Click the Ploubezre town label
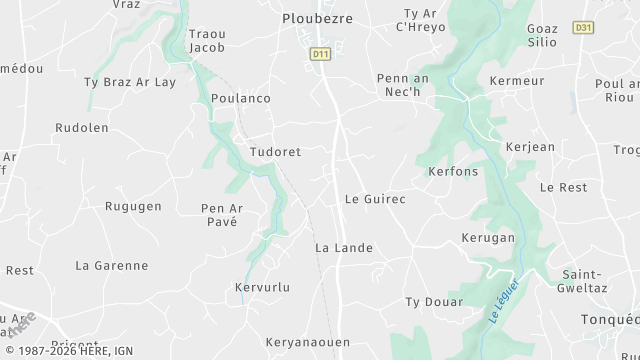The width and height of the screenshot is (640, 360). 319,18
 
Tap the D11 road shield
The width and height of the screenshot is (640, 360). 320,54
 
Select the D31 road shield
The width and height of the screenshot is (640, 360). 584,28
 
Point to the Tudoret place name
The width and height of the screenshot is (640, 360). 275,151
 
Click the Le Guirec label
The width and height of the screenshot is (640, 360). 375,199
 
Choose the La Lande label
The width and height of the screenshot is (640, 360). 344,247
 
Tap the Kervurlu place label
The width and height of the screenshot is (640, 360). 261,287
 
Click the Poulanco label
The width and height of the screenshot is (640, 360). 241,98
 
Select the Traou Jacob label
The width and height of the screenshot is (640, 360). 207,40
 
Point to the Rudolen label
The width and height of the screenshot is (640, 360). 81,128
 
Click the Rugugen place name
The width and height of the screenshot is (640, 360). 133,206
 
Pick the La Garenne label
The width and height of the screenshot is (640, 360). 112,265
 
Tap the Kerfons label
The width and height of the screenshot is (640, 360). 453,172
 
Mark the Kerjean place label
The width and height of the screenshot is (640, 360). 530,147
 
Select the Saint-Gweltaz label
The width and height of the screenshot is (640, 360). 587,281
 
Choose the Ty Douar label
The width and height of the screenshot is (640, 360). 434,301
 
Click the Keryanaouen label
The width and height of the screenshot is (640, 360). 308,342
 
